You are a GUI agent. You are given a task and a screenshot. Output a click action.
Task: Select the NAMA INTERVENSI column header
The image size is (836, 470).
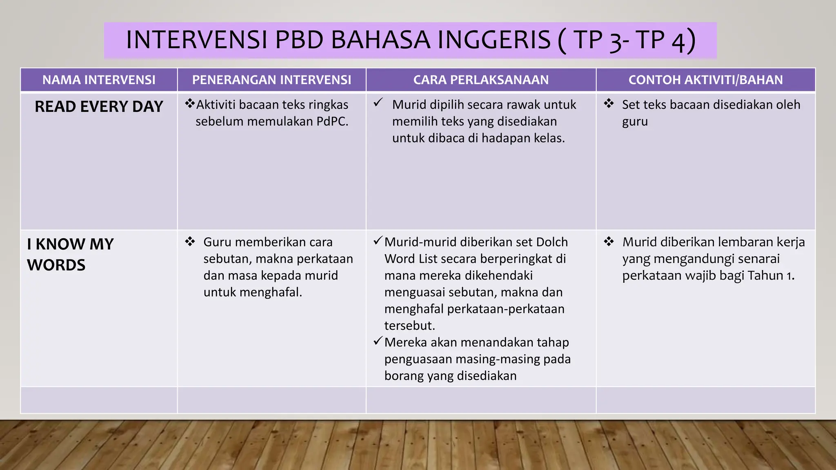click(99, 80)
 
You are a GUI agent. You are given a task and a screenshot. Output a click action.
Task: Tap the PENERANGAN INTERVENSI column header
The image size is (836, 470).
click(271, 80)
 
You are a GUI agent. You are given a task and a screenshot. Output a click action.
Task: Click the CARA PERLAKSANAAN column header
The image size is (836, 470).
click(481, 80)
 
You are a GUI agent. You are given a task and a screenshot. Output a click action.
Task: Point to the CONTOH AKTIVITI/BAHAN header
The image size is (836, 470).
click(705, 80)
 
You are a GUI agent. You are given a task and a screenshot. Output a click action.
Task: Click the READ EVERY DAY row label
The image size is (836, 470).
click(99, 106)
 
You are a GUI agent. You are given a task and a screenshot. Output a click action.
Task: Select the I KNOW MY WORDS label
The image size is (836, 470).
click(70, 254)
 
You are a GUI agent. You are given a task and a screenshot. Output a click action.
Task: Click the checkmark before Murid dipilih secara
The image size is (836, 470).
click(378, 102)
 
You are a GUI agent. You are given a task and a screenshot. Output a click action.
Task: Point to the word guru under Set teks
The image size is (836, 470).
click(635, 122)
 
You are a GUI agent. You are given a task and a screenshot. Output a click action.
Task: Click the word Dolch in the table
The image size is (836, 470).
click(551, 242)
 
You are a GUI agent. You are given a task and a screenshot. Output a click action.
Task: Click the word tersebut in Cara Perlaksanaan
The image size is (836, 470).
click(409, 326)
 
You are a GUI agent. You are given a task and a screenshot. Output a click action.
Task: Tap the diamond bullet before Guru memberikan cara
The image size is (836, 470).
click(190, 242)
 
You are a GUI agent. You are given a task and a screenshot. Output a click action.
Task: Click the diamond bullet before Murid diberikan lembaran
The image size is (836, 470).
click(609, 242)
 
